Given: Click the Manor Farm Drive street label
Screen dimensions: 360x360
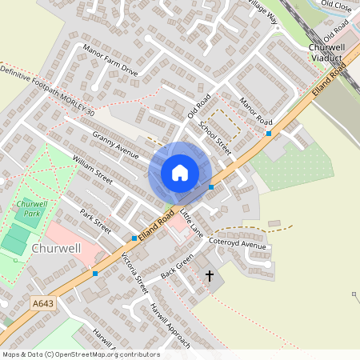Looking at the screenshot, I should click(110, 62).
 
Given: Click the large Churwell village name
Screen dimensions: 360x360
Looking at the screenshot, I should click(56, 248).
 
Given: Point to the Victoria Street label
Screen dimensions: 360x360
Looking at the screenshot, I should click(135, 274).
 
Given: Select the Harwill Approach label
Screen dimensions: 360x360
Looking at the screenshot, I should click(170, 325).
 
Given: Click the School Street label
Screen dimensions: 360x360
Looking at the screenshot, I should click(214, 138).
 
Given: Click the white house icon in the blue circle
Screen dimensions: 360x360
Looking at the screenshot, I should click(180, 173).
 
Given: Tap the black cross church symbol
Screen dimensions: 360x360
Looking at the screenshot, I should click(210, 276).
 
